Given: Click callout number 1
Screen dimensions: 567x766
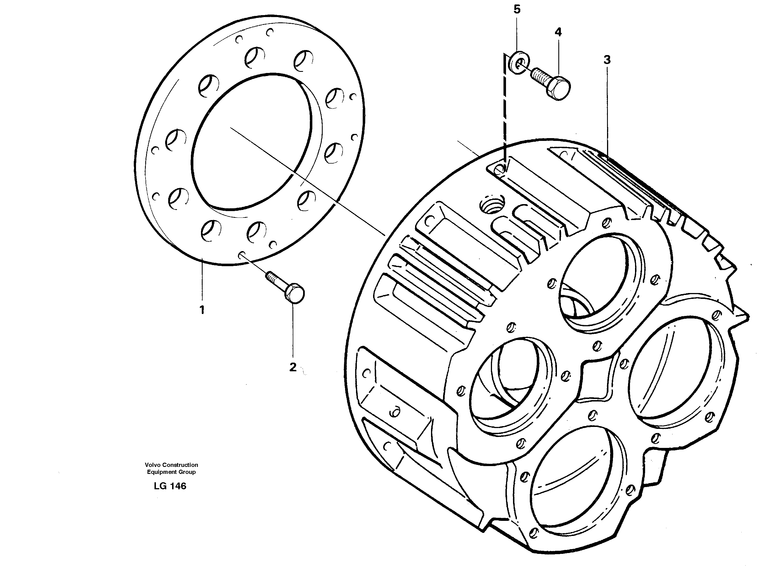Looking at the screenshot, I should [x=202, y=310].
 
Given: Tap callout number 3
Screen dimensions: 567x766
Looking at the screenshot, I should [x=607, y=60].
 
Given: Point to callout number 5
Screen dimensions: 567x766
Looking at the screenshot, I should [x=517, y=10].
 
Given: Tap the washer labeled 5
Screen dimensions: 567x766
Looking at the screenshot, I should [x=518, y=62].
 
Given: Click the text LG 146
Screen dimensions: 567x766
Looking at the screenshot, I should [x=170, y=486].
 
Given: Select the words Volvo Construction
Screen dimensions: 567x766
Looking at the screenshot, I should [x=171, y=465].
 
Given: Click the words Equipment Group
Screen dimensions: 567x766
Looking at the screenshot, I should [x=171, y=472].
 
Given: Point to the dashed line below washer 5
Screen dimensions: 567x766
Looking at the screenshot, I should [x=505, y=110].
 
